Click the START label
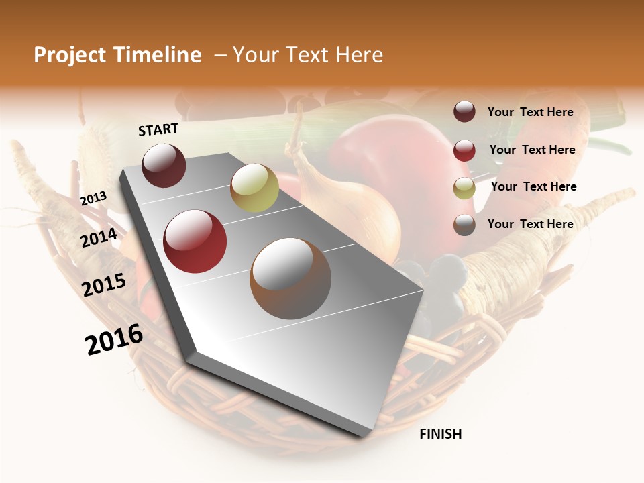[x=158, y=129]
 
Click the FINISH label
[x=441, y=434]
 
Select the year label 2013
[x=93, y=198]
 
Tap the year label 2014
[x=99, y=237]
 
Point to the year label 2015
[x=104, y=284]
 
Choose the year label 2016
[x=114, y=339]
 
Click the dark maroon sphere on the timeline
[x=164, y=165]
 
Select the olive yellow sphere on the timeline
[x=254, y=188]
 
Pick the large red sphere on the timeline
[x=195, y=241]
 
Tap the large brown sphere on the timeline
[x=290, y=278]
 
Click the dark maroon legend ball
[x=464, y=111]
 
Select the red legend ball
[x=464, y=150]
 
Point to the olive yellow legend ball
[x=464, y=187]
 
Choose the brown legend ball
[x=464, y=225]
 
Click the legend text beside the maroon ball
[x=530, y=112]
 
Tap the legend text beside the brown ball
[x=530, y=224]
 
